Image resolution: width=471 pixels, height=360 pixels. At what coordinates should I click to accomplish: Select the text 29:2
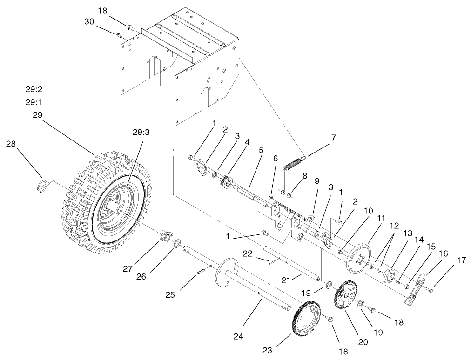[34, 89]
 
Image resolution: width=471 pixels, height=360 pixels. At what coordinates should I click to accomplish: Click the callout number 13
[408, 233]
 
